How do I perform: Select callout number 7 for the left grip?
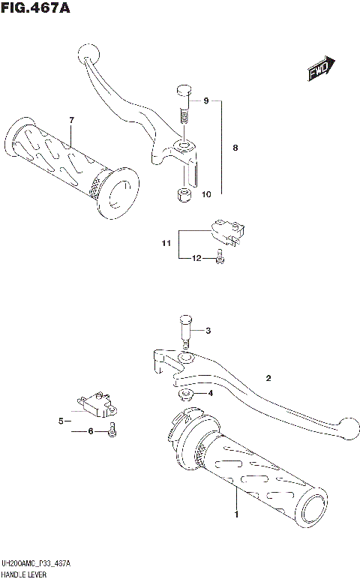[x=71, y=120]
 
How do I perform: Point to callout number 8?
[x=235, y=148]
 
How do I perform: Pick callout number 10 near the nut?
[x=206, y=194]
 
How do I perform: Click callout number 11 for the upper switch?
[x=166, y=243]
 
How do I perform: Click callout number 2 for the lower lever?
[x=266, y=378]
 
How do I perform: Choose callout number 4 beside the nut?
[x=211, y=392]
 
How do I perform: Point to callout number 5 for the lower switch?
[x=61, y=421]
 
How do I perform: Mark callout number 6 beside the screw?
[x=91, y=431]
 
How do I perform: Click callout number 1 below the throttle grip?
[x=237, y=514]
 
